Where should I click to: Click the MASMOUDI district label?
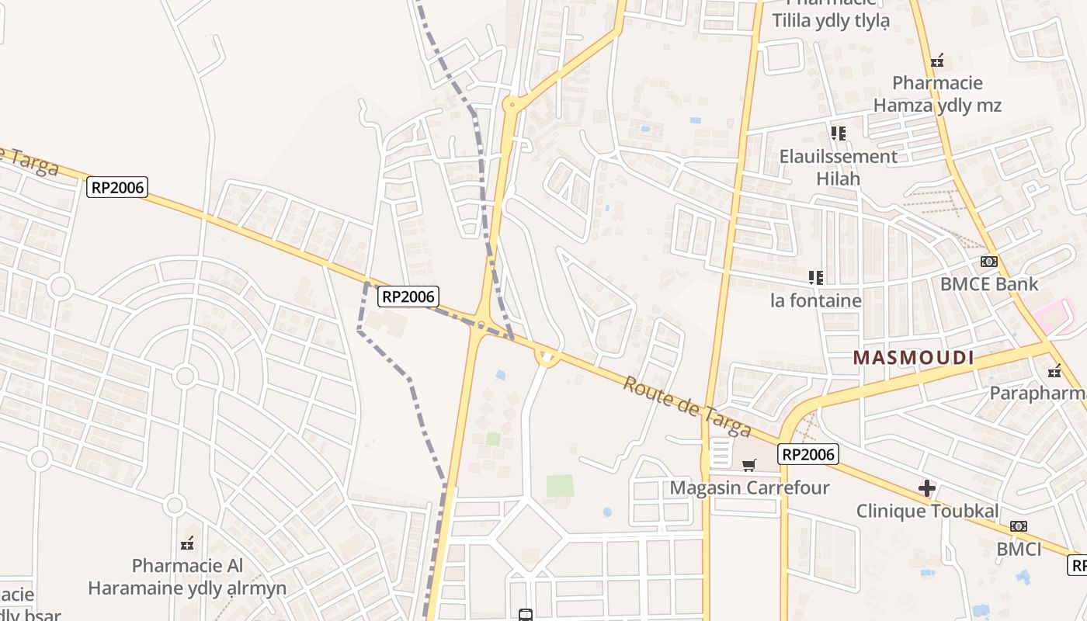pyautogui.click(x=913, y=358)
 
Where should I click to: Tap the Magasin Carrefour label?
pyautogui.click(x=749, y=488)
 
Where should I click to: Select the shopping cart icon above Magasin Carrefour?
pyautogui.click(x=748, y=466)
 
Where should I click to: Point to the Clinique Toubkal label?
pyautogui.click(x=927, y=512)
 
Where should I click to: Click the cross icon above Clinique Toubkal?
pyautogui.click(x=927, y=488)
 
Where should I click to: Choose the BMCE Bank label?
pyautogui.click(x=988, y=284)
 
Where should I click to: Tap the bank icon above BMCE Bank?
pyautogui.click(x=988, y=262)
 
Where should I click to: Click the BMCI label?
pyautogui.click(x=1019, y=549)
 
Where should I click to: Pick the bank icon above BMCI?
pyautogui.click(x=1019, y=526)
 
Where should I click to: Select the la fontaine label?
pyautogui.click(x=815, y=300)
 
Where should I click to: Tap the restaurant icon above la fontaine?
pyautogui.click(x=815, y=277)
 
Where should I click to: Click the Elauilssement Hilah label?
pyautogui.click(x=839, y=167)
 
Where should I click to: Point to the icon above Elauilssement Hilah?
pyautogui.click(x=839, y=134)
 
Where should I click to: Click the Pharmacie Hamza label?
pyautogui.click(x=937, y=94)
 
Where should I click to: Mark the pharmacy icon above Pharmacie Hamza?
pyautogui.click(x=937, y=61)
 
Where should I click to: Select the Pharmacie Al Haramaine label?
pyautogui.click(x=187, y=577)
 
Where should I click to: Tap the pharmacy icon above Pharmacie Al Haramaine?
pyautogui.click(x=187, y=543)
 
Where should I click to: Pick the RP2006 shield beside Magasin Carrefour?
pyautogui.click(x=808, y=454)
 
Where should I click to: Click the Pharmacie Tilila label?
pyautogui.click(x=830, y=16)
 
